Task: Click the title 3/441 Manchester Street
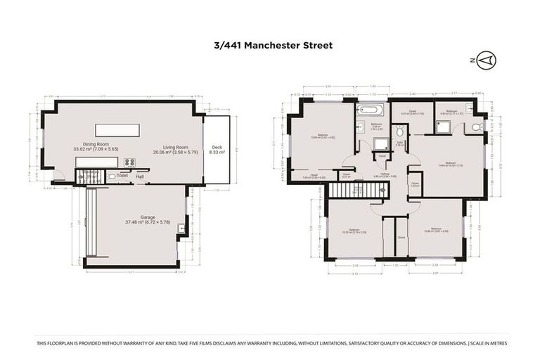(x=274, y=46)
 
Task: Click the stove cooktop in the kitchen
(x=129, y=162)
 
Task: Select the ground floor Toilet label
(x=122, y=176)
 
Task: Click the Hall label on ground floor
(x=140, y=176)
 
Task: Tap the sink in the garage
(x=181, y=227)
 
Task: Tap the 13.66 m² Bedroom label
(x=322, y=135)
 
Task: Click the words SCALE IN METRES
(x=487, y=343)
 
